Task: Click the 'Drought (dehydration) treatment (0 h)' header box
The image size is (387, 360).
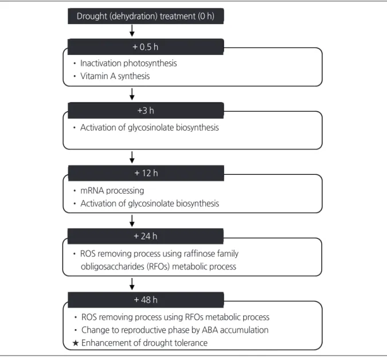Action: [146, 16]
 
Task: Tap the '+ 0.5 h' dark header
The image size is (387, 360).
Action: [146, 46]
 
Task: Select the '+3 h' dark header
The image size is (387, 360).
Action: [146, 110]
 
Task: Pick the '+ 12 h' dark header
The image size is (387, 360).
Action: [146, 173]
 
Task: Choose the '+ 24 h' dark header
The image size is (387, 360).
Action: [146, 236]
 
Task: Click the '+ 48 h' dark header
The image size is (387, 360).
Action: [146, 300]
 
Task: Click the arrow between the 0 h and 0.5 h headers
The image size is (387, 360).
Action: [132, 30]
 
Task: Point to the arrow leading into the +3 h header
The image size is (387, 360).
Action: [132, 94]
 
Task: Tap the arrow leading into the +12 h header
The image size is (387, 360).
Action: [132, 157]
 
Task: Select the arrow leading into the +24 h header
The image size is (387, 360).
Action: [132, 221]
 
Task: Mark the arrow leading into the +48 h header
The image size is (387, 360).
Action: [132, 284]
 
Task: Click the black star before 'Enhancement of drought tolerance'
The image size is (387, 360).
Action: [76, 343]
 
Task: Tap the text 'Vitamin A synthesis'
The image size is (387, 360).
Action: [115, 76]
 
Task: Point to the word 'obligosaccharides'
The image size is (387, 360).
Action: [112, 267]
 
